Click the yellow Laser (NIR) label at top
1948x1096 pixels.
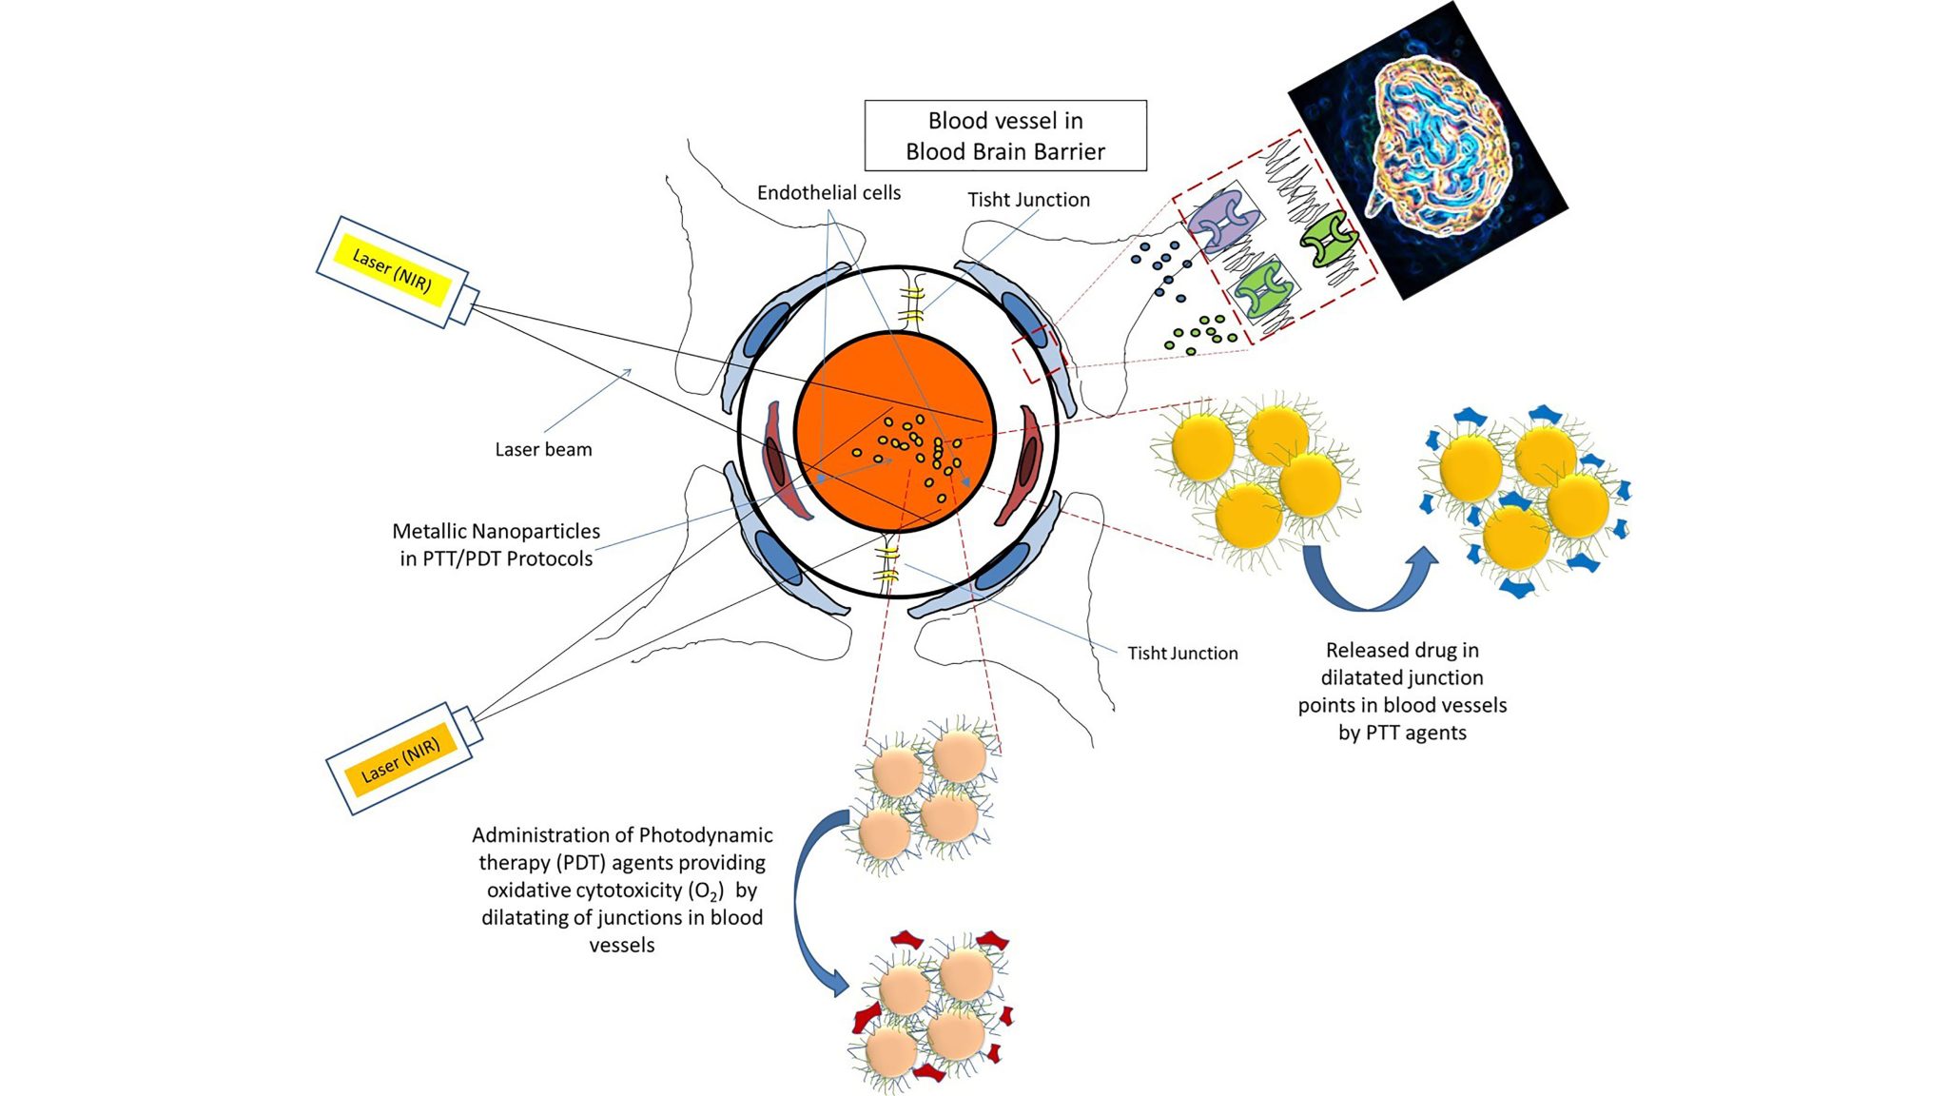pos(392,270)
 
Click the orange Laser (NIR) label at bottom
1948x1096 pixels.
pos(400,759)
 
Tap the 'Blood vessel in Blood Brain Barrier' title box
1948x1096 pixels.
pos(1004,136)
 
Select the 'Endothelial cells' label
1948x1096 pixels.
pos(828,193)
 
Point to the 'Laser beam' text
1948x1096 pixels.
pos(543,449)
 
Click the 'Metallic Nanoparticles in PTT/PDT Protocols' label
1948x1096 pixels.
pos(496,545)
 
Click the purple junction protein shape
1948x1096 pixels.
pos(1221,220)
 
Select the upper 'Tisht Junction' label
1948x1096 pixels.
pos(1028,200)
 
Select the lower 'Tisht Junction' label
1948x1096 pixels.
pos(1182,654)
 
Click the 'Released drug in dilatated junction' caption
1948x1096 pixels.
pos(1402,692)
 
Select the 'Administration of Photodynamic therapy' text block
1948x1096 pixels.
pos(622,890)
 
